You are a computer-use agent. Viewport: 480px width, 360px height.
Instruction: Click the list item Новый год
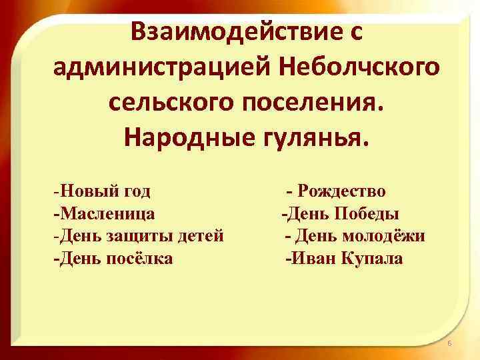point(103,191)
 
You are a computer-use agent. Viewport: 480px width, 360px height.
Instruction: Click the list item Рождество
point(337,191)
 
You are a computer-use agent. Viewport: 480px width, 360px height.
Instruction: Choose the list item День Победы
point(341,214)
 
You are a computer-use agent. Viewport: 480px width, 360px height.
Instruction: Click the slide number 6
point(449,343)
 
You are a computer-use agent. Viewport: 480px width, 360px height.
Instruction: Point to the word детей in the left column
point(201,236)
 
